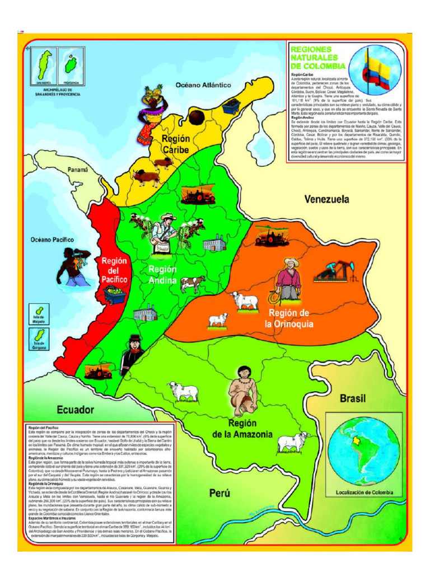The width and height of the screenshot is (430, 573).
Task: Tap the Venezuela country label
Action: pyautogui.click(x=326, y=199)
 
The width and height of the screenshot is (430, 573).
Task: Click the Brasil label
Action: pyautogui.click(x=353, y=398)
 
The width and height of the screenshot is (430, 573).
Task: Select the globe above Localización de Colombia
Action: pyautogui.click(x=364, y=448)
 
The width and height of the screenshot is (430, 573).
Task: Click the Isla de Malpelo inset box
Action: pyautogui.click(x=39, y=313)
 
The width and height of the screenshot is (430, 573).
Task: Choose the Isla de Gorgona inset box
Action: pyautogui.click(x=39, y=337)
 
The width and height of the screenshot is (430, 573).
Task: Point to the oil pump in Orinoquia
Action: pyautogui.click(x=335, y=271)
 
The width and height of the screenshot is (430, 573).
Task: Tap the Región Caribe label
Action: pyautogui.click(x=176, y=144)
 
